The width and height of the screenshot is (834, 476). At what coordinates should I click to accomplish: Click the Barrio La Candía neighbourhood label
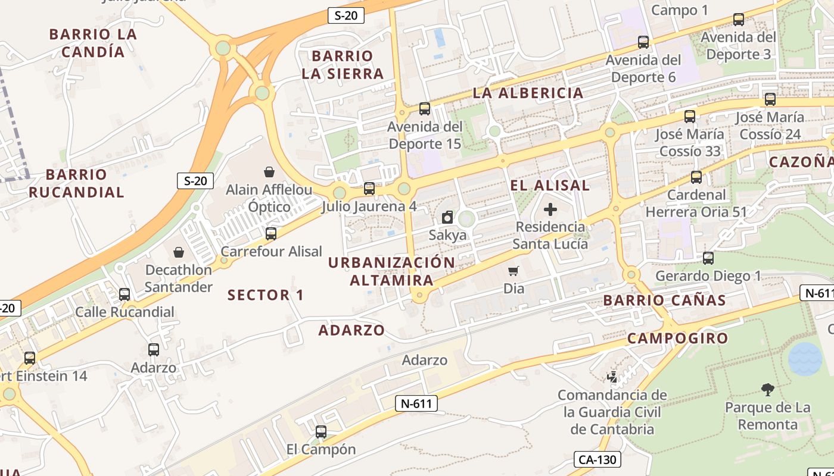coord(93,43)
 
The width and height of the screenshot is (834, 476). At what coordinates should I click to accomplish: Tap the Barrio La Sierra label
coord(343,65)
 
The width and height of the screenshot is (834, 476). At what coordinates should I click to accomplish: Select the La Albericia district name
coord(528,93)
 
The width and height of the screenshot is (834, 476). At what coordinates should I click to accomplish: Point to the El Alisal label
coord(550,185)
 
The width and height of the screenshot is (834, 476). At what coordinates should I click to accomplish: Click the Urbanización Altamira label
coord(391,271)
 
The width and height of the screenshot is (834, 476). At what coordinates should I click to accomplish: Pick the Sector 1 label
coord(266,295)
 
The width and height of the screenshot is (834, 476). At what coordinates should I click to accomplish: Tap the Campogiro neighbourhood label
coord(677,339)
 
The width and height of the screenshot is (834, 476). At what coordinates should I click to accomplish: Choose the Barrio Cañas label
coord(664,300)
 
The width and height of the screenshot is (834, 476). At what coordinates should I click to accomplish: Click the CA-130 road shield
coord(598,459)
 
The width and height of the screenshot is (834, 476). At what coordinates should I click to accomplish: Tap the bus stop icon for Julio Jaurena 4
coord(369,189)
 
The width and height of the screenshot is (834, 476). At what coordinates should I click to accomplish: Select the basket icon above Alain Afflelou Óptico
coord(269,172)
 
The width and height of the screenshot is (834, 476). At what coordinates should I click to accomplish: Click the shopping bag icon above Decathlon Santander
coord(179,252)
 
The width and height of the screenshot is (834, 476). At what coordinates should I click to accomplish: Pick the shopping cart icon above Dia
coord(514,271)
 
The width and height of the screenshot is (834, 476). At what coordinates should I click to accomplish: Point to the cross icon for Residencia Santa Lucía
coord(550,209)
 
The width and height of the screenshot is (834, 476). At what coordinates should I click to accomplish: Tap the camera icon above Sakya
coord(447,217)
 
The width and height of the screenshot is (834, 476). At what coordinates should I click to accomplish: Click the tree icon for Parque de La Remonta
coord(768,390)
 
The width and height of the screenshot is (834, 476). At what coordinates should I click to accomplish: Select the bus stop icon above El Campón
coord(321,432)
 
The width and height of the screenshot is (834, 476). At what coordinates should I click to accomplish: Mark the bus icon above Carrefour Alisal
coord(271,233)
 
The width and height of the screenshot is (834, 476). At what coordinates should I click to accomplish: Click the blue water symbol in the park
coord(805,359)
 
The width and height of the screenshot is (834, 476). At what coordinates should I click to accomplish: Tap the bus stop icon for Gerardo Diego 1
coord(708,258)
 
